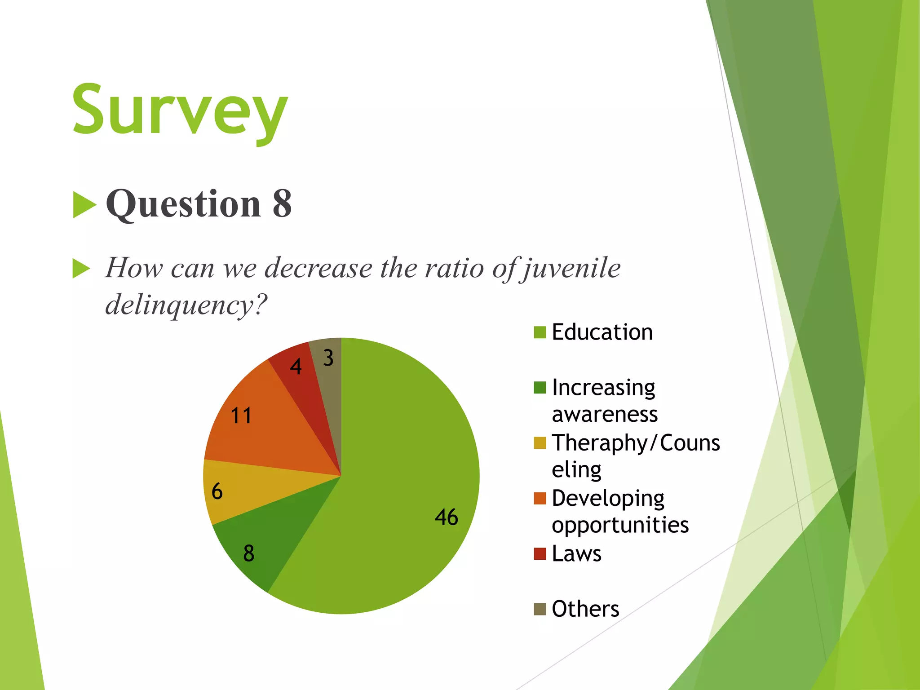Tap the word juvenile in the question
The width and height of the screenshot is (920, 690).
[571, 268]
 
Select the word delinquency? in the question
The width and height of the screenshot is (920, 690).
[186, 305]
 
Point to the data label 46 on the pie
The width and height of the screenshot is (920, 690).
[446, 517]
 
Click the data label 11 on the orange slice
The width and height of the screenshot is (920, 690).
[241, 416]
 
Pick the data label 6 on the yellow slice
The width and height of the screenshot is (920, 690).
[217, 491]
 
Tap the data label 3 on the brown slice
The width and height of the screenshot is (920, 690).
[328, 358]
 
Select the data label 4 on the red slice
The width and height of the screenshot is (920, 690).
[296, 367]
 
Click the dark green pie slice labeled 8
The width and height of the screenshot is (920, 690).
[265, 544]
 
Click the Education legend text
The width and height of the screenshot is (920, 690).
[602, 332]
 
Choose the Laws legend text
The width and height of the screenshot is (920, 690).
[576, 553]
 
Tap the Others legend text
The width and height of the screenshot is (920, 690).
[585, 609]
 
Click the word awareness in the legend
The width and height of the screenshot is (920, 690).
[605, 414]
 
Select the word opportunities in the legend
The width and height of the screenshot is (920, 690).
[620, 525]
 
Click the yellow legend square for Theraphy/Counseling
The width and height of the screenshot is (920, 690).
[540, 443]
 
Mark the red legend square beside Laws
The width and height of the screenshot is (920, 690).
[540, 553]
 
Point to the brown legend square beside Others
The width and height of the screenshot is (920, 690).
[540, 609]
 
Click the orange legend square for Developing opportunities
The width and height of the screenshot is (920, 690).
[540, 498]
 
